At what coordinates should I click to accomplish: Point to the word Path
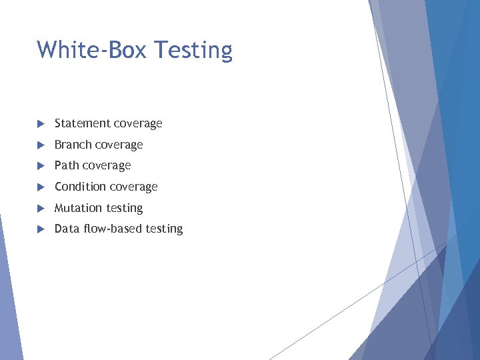66,165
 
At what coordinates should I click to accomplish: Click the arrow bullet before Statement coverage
40,123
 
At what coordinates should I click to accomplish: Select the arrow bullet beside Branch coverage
40,145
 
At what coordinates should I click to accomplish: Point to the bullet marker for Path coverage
40,165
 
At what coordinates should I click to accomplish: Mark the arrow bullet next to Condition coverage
40,187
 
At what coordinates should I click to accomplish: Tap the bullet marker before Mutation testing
40,208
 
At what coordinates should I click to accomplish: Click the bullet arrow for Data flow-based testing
40,229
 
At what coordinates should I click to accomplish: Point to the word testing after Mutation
124,208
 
